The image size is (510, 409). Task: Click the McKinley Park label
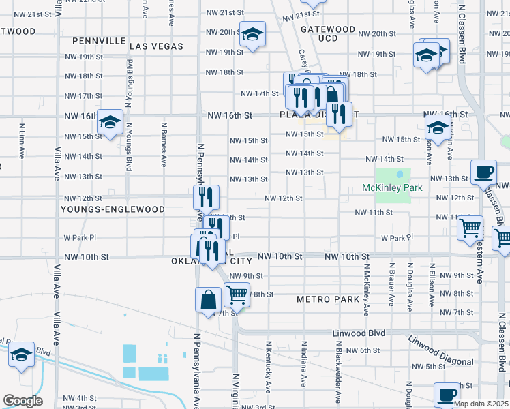[x=392, y=187]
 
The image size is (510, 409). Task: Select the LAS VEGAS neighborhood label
[x=156, y=46]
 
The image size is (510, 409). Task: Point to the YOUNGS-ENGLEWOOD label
[x=112, y=209]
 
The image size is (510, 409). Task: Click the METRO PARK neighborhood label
[x=327, y=299]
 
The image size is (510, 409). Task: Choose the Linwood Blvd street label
[x=359, y=333]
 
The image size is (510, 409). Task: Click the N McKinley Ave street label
[x=366, y=290]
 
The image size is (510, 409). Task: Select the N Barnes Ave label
[x=164, y=145]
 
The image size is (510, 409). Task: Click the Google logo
[x=22, y=401]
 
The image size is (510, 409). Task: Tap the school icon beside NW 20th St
[x=252, y=35]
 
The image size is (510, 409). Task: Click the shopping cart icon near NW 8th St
[x=237, y=295]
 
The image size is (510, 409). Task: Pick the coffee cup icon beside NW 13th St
[x=484, y=172]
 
